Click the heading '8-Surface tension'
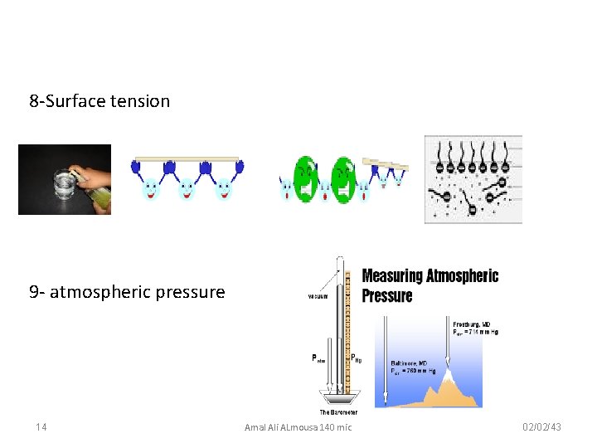click(x=99, y=101)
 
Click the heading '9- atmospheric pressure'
click(x=127, y=292)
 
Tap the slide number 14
click(x=41, y=426)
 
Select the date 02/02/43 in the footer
click(x=543, y=426)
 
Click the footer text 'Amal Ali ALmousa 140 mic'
click(x=298, y=426)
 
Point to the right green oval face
click(x=343, y=175)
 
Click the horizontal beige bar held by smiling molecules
click(x=187, y=158)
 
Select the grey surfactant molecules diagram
click(x=473, y=179)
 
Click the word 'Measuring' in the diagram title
click(x=394, y=276)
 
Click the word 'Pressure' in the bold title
click(x=387, y=295)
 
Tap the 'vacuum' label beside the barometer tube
click(x=318, y=295)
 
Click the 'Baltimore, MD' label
click(x=410, y=363)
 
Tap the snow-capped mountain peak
click(x=449, y=378)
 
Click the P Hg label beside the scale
click(x=357, y=358)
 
